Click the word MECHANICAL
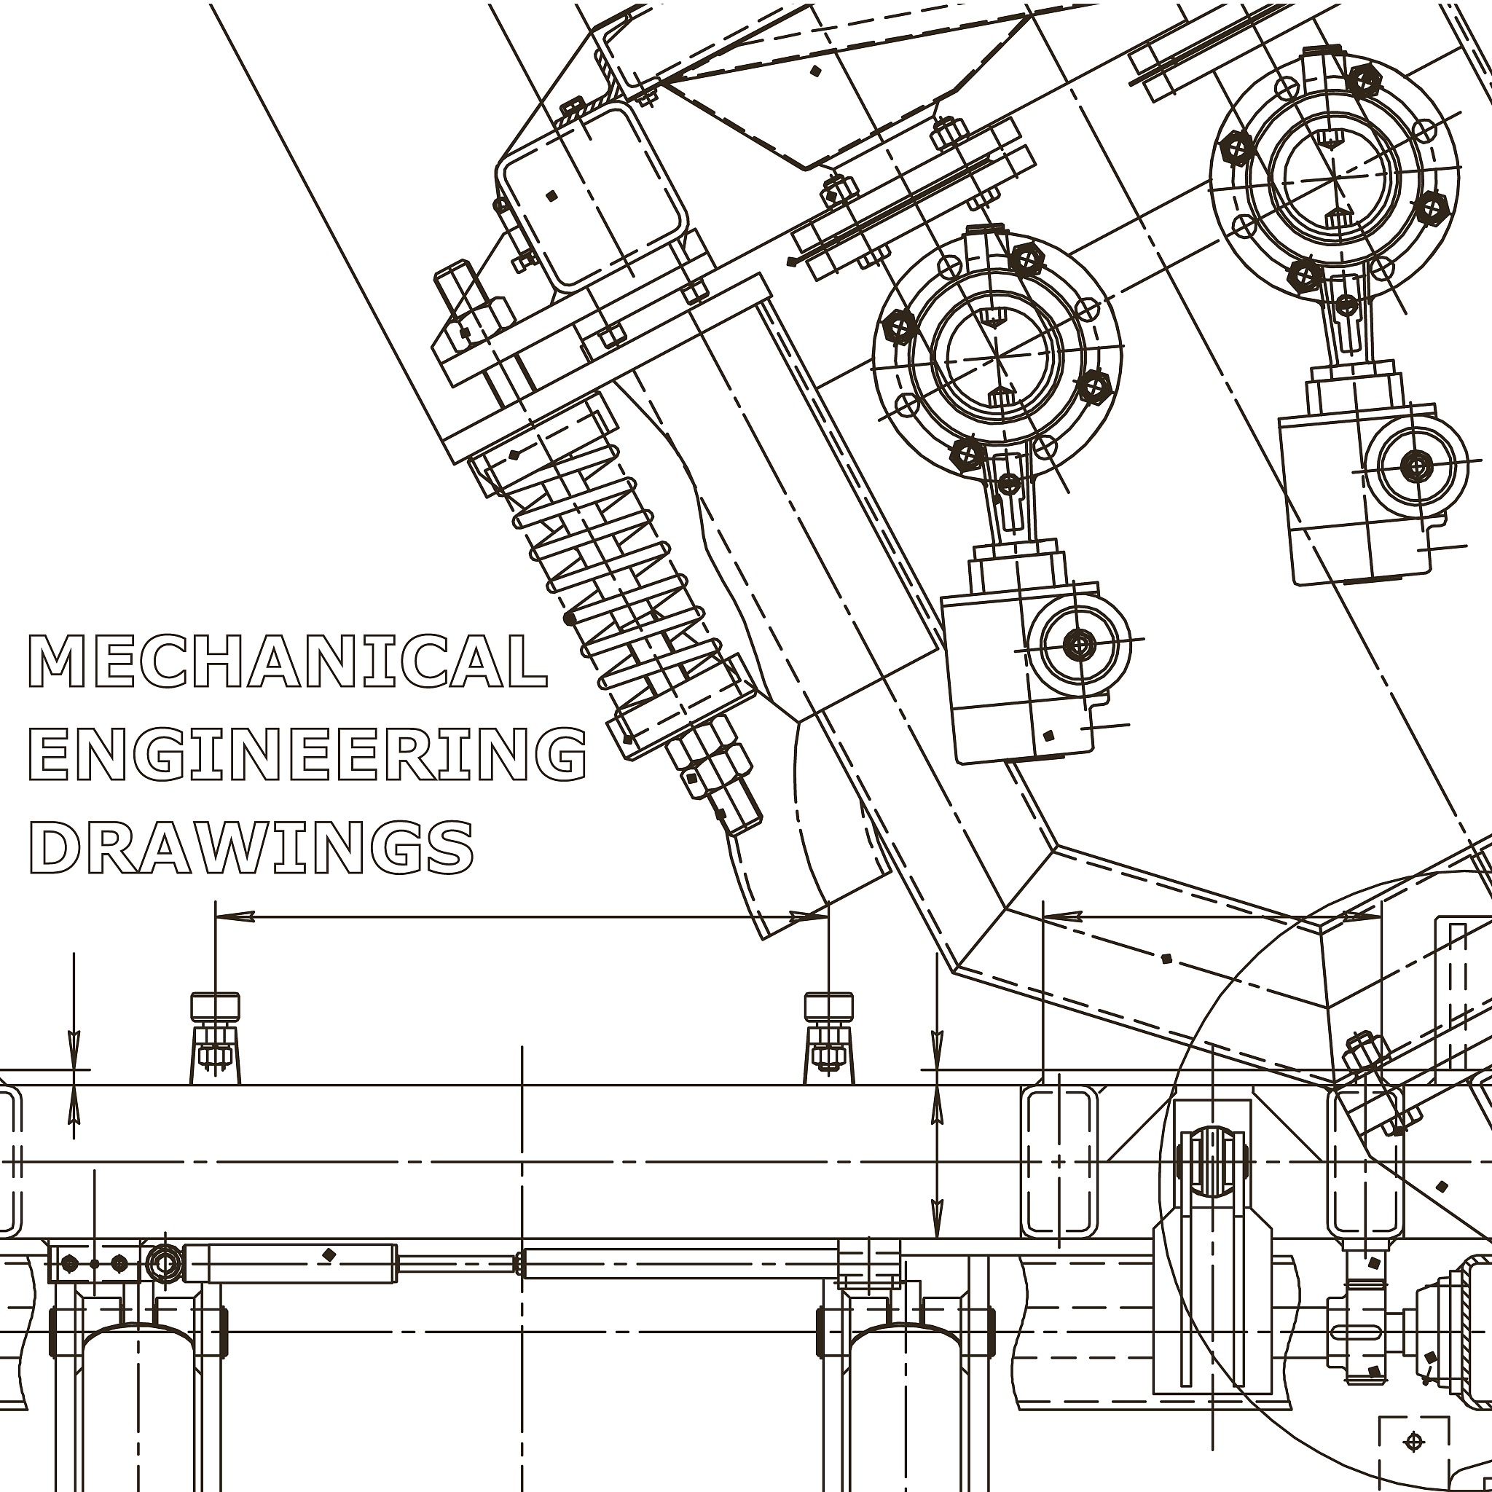pos(287,661)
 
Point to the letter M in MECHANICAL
pos(56,661)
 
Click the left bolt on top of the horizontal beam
pos(216,1038)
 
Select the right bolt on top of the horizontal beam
pos(828,1038)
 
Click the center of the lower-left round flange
pos(997,357)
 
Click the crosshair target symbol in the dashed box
pos(1414,1440)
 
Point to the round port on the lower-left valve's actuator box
pos(1079,643)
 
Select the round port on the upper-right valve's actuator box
pos(1416,465)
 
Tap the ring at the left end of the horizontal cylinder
pos(165,1264)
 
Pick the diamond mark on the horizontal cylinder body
pos(329,1255)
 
